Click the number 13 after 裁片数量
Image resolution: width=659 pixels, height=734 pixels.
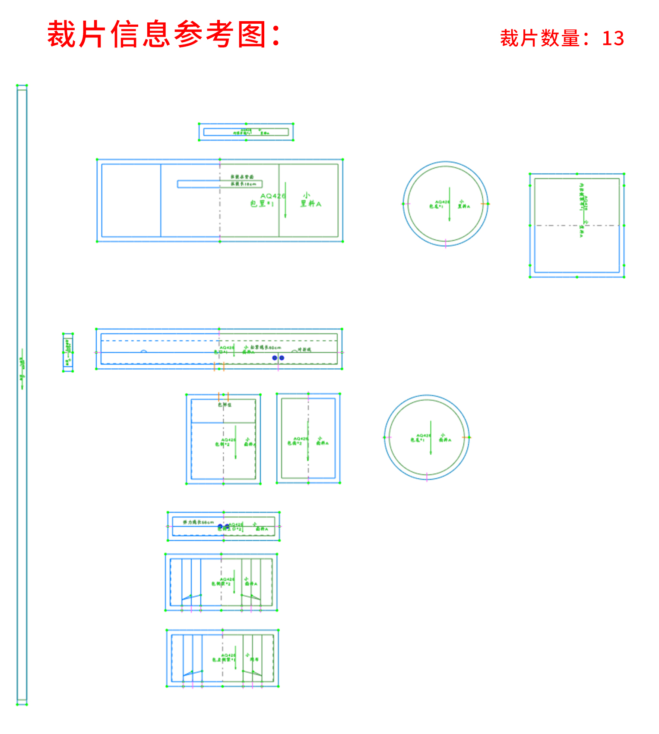(x=613, y=38)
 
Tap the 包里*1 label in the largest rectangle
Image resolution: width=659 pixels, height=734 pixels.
(x=262, y=204)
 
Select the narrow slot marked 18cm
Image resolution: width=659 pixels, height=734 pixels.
(x=219, y=184)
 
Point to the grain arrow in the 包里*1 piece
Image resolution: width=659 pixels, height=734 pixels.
(x=285, y=200)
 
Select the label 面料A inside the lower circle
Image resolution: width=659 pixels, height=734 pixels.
(x=445, y=440)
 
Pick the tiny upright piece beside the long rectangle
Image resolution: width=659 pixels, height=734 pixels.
(x=68, y=352)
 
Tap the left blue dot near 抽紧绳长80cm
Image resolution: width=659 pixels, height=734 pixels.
(x=274, y=358)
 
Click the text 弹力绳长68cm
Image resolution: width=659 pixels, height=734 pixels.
(x=198, y=522)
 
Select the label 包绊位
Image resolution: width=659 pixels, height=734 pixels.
(x=225, y=405)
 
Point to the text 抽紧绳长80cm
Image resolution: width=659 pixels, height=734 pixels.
(x=265, y=347)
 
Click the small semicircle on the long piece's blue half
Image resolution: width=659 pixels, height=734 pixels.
(x=143, y=351)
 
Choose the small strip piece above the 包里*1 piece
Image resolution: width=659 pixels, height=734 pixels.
(x=246, y=132)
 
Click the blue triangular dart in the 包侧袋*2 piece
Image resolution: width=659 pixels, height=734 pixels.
(x=191, y=597)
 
